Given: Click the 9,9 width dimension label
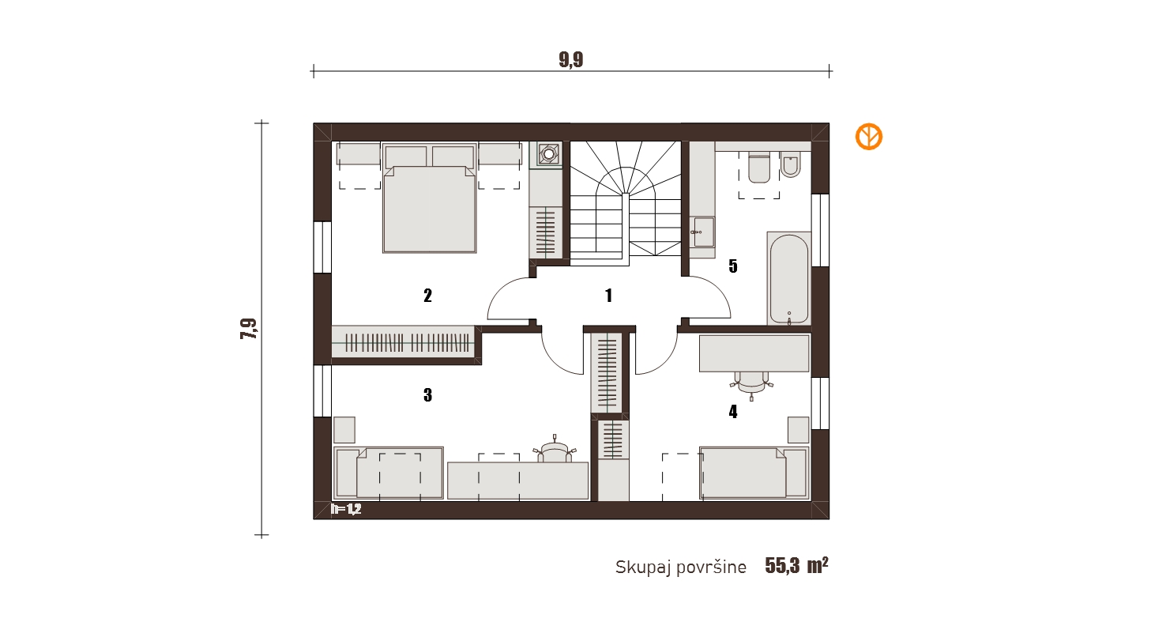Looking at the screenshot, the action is (571, 59).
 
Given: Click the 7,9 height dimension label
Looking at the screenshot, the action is (248, 329).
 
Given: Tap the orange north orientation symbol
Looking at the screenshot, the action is (868, 137).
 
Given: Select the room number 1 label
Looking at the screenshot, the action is (609, 296).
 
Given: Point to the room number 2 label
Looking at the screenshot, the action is (427, 296).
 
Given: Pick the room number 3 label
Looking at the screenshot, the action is (427, 394).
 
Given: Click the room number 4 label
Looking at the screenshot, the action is (733, 412).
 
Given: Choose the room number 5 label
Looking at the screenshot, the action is (733, 266).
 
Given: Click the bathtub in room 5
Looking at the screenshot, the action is (789, 278).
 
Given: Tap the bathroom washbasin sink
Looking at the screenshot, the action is (703, 232).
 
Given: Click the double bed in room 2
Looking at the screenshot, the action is (430, 198).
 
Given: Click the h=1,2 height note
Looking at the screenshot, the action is (346, 509).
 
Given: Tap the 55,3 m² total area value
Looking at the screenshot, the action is (796, 565).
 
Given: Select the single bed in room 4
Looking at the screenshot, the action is (754, 473).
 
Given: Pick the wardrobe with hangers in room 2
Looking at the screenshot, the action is (403, 341).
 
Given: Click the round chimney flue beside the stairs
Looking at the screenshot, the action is (549, 153).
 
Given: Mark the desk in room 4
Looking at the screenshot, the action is (754, 353).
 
